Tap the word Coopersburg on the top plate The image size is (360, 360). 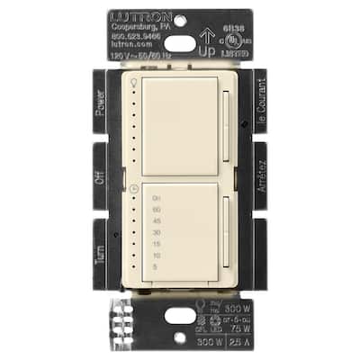(134, 27)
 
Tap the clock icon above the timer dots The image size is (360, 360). (135, 188)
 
